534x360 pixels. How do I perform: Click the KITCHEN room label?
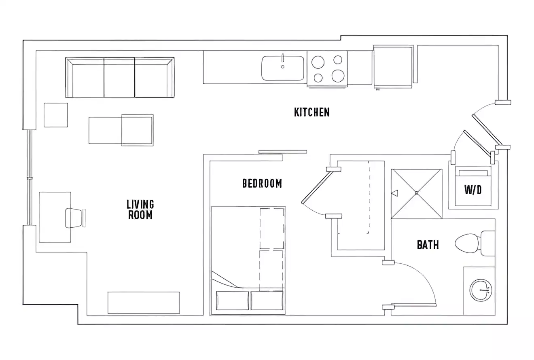(x=311, y=112)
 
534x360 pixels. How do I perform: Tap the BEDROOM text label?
(x=262, y=183)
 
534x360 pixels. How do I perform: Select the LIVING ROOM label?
(x=140, y=210)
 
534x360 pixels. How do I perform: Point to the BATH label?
(x=428, y=245)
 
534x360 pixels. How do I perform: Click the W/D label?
(x=473, y=190)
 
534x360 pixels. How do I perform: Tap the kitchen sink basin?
(x=283, y=68)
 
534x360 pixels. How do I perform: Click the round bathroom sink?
(x=481, y=290)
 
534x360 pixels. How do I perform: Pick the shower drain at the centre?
(x=416, y=193)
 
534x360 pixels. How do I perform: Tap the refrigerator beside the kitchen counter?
(x=392, y=66)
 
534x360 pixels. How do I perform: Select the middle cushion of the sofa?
(x=119, y=77)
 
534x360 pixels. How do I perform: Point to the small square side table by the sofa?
(x=56, y=115)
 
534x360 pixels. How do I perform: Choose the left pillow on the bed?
(x=233, y=301)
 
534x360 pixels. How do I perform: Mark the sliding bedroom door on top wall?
(x=282, y=152)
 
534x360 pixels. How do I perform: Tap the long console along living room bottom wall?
(x=143, y=303)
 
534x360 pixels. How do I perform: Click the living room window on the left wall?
(x=29, y=177)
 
